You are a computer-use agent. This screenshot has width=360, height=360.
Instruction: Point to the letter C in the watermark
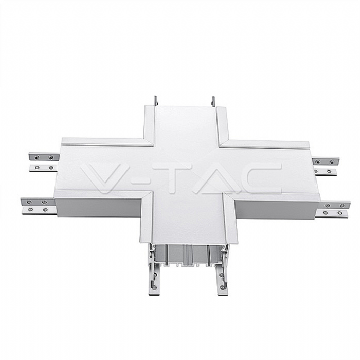263,178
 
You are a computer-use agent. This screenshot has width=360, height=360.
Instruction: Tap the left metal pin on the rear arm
156,101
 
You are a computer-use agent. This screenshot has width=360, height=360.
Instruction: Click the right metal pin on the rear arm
213,101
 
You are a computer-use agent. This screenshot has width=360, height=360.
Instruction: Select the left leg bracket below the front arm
154,273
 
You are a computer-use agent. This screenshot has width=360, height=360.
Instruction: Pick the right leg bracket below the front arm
221,273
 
